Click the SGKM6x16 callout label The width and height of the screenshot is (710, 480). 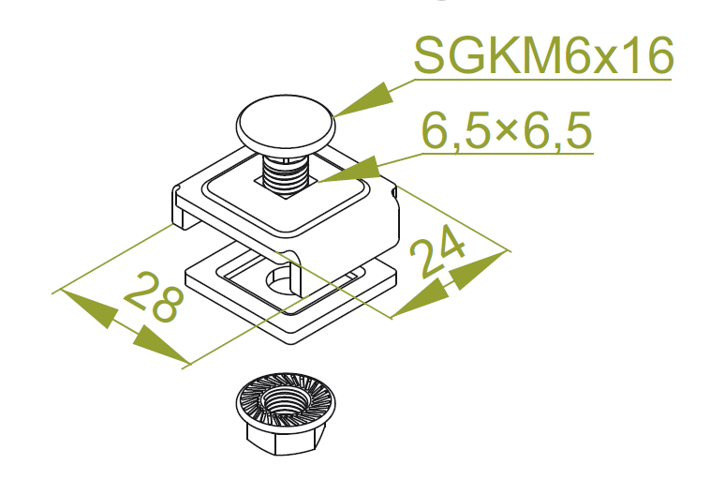(543, 55)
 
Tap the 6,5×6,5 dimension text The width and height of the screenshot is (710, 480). (507, 131)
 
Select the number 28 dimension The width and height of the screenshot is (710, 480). (154, 297)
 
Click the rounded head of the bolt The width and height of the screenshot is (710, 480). (286, 124)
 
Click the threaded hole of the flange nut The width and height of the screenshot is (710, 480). (286, 401)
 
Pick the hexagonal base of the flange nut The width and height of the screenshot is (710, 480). (286, 438)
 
